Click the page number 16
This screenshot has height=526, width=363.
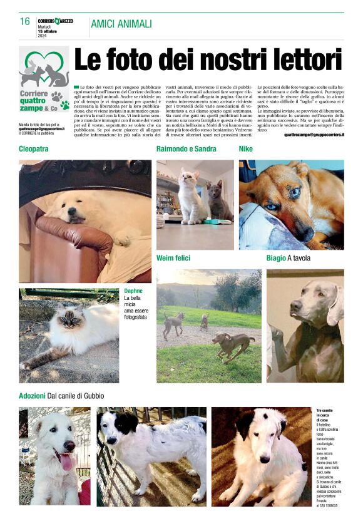25,21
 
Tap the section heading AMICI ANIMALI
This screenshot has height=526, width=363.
121,24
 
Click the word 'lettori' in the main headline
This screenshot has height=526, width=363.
301,61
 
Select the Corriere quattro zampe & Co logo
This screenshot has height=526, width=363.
44,81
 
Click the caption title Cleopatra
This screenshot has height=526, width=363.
34,149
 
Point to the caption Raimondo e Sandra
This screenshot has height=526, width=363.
186,149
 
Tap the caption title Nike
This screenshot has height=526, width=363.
246,149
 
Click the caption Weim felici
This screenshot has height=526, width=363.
174,258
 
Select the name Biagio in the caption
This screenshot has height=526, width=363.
275,258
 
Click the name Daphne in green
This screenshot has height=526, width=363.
133,291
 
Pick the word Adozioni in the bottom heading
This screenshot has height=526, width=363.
32,396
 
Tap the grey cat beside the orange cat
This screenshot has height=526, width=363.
220,199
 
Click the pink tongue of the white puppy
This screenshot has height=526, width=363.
66,462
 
